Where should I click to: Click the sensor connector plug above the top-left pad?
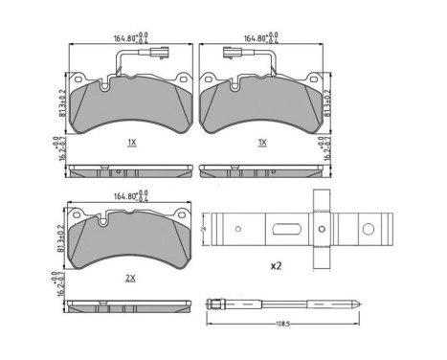tap(100, 55)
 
